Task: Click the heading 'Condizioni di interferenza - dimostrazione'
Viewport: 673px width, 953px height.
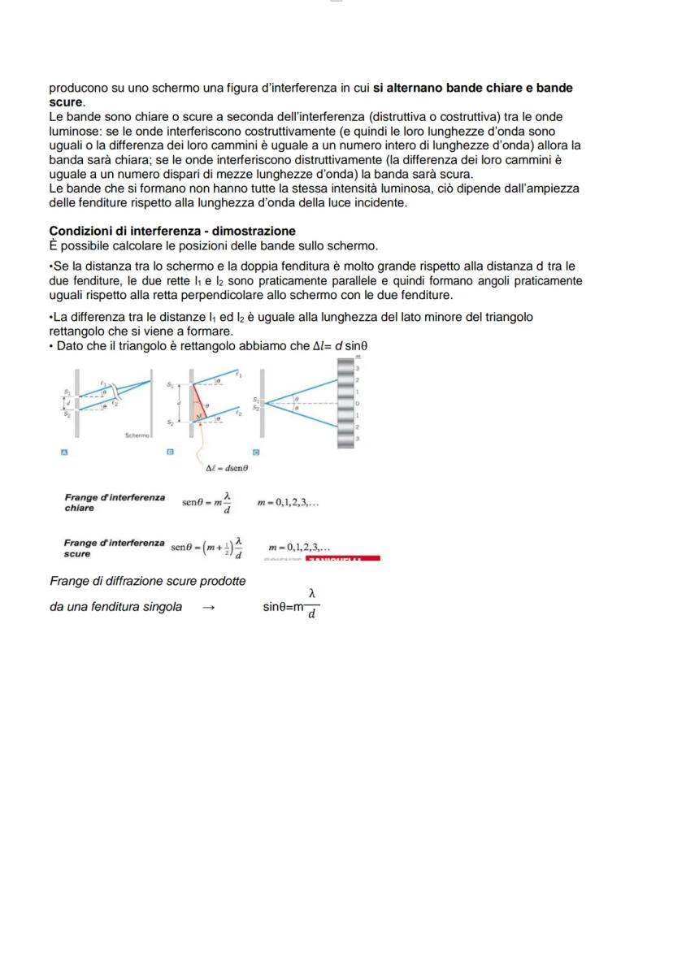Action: pyautogui.click(x=172, y=231)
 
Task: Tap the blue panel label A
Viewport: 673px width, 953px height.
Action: pyautogui.click(x=64, y=452)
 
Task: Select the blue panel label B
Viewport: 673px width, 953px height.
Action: pyautogui.click(x=170, y=452)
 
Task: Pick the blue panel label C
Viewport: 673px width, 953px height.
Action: pyautogui.click(x=256, y=452)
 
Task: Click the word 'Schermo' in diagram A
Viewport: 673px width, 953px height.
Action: pyautogui.click(x=137, y=435)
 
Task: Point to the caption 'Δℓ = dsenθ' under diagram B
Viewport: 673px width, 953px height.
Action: pyautogui.click(x=228, y=468)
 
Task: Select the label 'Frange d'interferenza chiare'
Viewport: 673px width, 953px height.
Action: pyautogui.click(x=114, y=502)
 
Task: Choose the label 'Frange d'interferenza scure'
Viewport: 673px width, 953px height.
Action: pyautogui.click(x=114, y=547)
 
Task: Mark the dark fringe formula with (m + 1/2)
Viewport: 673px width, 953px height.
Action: pyautogui.click(x=207, y=547)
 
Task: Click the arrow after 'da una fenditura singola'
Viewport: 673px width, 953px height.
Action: pyautogui.click(x=208, y=607)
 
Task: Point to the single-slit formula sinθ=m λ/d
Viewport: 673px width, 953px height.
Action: pyautogui.click(x=292, y=606)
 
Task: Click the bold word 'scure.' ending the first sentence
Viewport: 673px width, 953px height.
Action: pyautogui.click(x=67, y=102)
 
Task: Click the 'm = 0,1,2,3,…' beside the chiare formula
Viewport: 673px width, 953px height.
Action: pyautogui.click(x=288, y=503)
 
